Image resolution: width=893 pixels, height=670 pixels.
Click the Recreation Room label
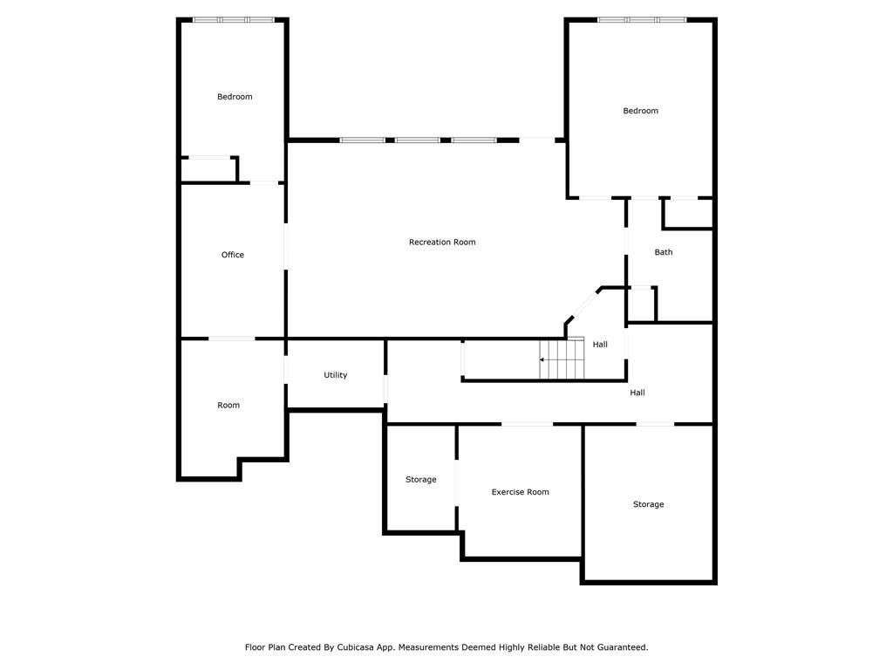pos(442,243)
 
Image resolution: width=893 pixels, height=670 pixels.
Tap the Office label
pos(232,255)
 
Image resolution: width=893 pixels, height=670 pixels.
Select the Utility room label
pos(336,375)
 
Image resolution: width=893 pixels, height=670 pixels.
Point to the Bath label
pos(664,252)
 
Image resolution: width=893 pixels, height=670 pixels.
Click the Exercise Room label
pos(520,492)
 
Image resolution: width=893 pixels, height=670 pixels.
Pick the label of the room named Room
pos(228,405)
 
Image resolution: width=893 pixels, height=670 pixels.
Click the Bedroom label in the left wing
pos(235,97)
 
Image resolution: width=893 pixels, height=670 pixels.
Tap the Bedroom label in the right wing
pos(640,111)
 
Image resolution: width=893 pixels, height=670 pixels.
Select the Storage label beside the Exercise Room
pos(421,480)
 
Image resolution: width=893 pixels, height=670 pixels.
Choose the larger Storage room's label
pos(648,504)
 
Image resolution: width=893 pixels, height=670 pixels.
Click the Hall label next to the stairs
pos(600,344)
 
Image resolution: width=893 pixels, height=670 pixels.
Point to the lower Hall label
pos(637,393)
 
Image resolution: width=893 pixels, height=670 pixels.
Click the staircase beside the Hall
pos(562,359)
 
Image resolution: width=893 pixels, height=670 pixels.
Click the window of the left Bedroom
pos(234,20)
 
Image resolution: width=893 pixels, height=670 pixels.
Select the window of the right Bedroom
pos(642,20)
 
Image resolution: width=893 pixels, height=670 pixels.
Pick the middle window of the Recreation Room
pos(418,140)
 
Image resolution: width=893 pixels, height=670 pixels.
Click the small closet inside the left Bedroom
pos(208,169)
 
